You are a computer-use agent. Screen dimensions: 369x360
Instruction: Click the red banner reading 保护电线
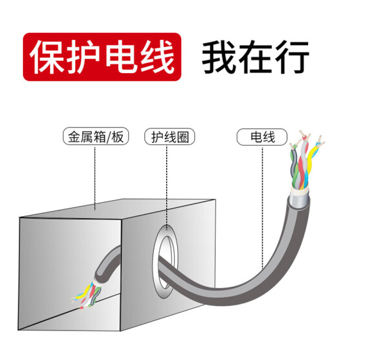click(102, 57)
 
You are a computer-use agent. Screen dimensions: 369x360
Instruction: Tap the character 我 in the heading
click(219, 57)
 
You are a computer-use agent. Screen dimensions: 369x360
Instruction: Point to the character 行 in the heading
click(292, 57)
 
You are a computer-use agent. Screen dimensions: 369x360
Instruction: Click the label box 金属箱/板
click(96, 136)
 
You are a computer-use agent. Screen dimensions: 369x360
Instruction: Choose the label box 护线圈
click(169, 137)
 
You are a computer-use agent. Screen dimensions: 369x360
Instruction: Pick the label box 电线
click(262, 137)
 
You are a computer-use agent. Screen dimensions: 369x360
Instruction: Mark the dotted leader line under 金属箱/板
click(95, 177)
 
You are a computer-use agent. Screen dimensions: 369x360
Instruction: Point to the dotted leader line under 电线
click(262, 208)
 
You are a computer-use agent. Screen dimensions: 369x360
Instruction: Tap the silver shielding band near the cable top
click(298, 197)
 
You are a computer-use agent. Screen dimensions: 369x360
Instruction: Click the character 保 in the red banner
click(47, 56)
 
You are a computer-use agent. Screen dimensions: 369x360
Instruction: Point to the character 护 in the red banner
click(84, 56)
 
